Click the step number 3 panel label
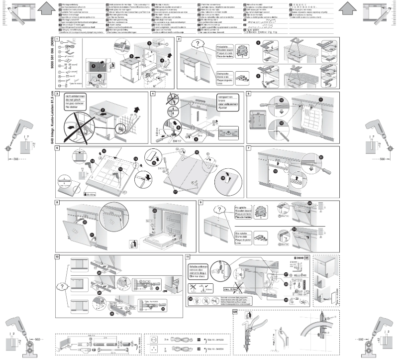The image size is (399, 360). click(x=58, y=94)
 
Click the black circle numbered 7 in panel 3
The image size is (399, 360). click(x=103, y=109)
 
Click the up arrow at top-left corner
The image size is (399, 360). click(x=45, y=9)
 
